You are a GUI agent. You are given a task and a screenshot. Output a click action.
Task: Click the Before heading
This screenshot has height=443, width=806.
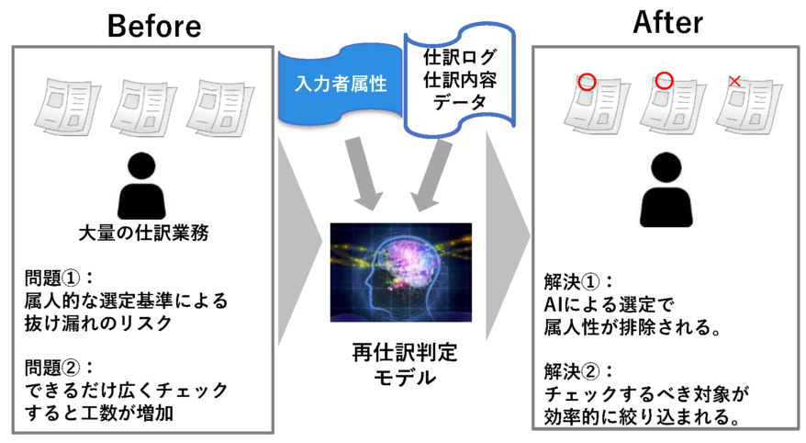154,26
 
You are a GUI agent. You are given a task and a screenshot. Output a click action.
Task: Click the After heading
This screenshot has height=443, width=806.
667,23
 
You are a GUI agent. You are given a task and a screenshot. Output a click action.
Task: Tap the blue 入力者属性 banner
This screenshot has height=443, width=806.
341,84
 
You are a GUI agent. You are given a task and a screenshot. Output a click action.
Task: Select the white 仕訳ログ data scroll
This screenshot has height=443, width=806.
460,80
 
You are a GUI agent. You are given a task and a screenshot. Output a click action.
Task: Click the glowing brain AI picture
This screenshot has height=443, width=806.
401,272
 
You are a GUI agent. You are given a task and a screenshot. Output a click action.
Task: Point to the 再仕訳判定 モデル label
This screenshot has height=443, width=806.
405,365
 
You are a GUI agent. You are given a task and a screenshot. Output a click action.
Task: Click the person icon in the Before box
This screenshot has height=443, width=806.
141,186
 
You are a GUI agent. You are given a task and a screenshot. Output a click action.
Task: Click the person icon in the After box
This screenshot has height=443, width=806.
666,189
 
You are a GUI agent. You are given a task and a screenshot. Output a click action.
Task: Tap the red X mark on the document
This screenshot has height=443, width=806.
734,81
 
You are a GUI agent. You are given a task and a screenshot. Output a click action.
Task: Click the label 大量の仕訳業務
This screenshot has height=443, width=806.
143,233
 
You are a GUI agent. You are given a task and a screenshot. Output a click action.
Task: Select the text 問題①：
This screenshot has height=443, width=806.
59,278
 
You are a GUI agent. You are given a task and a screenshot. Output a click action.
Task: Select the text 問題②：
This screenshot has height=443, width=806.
59,368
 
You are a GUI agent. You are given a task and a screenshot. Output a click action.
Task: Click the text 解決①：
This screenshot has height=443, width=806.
578,282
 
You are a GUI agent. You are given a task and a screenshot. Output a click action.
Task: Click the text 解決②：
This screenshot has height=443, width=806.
578,371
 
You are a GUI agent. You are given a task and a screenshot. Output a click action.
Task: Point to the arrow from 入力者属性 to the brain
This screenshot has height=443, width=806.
363,174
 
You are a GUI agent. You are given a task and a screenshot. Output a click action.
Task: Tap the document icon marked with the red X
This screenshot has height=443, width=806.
749,107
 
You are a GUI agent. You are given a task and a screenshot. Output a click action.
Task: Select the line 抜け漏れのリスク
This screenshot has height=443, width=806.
98,324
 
